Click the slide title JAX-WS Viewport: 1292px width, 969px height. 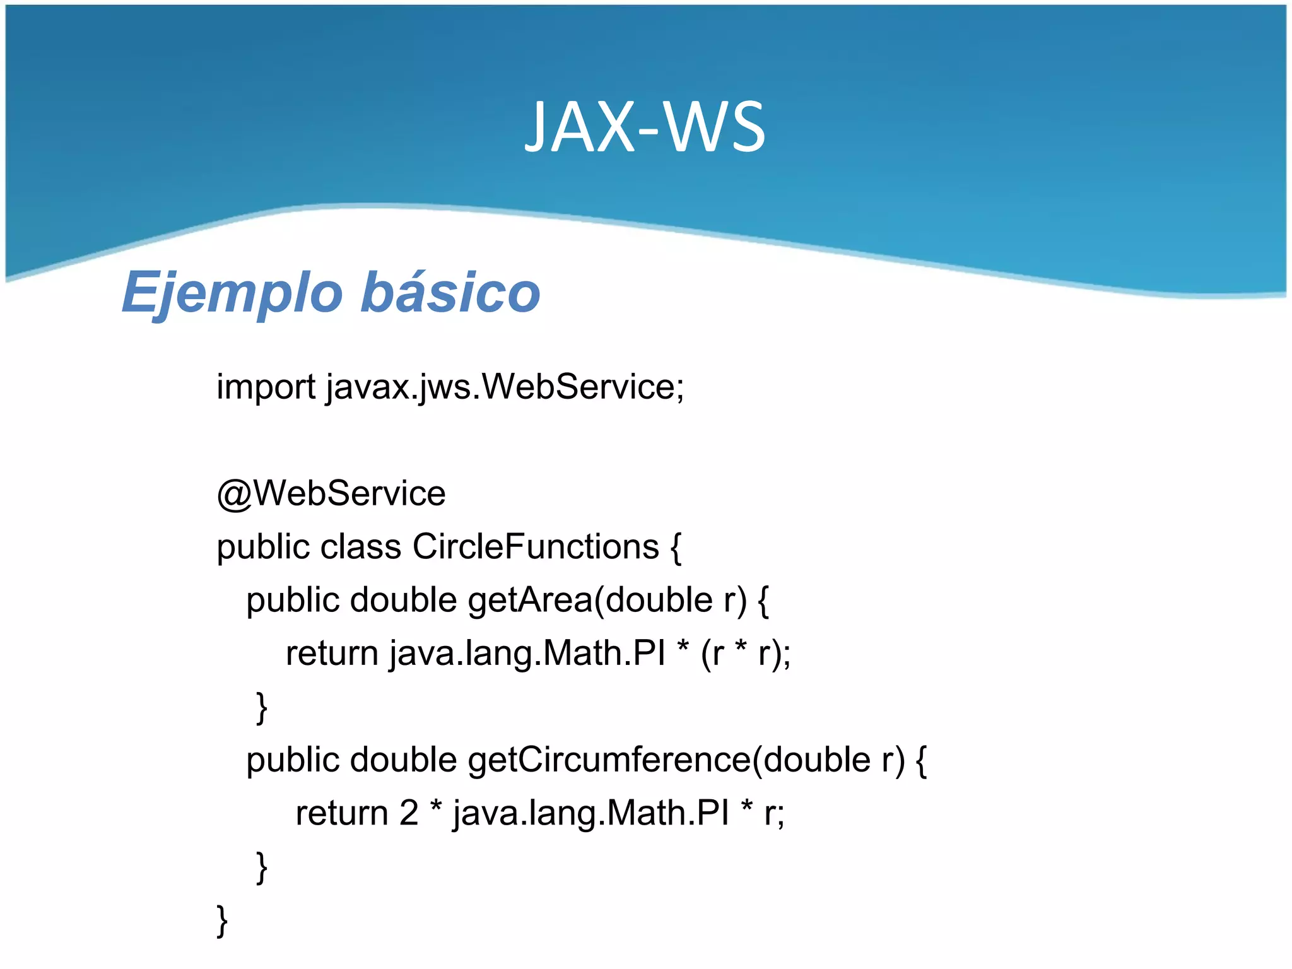(645, 128)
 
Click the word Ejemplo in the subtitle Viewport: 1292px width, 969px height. (232, 293)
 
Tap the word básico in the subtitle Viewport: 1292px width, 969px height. (450, 293)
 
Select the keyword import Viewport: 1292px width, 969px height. (266, 387)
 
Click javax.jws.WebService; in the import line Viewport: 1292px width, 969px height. (505, 387)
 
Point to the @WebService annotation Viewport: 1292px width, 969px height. (331, 493)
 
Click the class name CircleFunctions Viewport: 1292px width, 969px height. (536, 546)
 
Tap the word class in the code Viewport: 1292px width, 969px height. (360, 546)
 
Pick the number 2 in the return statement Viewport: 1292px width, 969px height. (409, 813)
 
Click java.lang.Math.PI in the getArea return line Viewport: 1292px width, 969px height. (527, 654)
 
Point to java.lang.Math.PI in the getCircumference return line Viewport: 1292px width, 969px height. (590, 813)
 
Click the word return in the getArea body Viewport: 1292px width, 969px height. (332, 654)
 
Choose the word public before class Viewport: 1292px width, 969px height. (262, 548)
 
